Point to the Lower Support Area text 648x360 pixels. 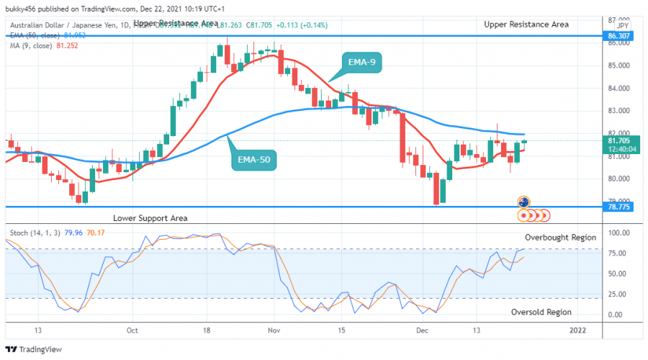click(150, 217)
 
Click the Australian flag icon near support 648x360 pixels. click(524, 202)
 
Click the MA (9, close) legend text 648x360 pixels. click(35, 45)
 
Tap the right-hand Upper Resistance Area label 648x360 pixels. click(526, 24)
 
